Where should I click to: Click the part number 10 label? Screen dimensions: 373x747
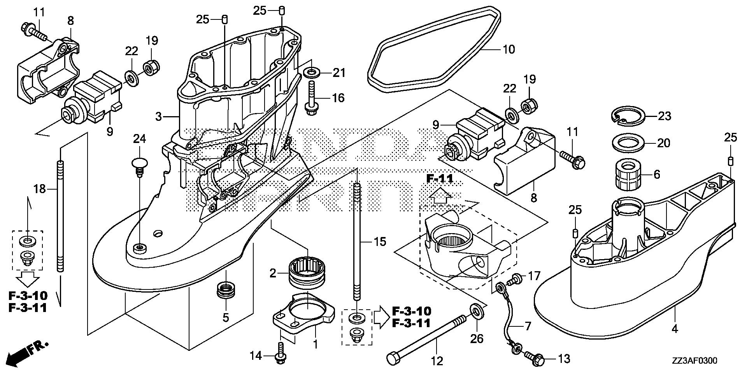coord(509,49)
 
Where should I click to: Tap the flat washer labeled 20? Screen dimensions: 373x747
coord(627,143)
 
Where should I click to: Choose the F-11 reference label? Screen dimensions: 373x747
coord(440,179)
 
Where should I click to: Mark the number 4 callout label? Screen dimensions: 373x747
coord(675,329)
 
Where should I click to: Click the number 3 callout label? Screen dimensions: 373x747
coord(158,116)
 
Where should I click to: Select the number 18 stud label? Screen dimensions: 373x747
coord(40,189)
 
